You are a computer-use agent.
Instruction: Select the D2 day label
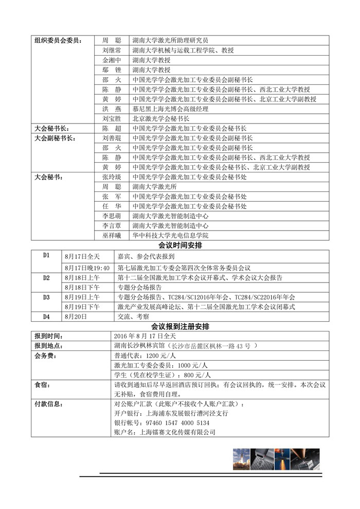[x=46, y=277]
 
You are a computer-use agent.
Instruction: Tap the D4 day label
[x=46, y=317]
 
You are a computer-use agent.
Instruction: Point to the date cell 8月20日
[x=75, y=317]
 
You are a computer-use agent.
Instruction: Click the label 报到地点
[x=49, y=345]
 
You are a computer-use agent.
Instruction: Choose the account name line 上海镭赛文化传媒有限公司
[x=164, y=432]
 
